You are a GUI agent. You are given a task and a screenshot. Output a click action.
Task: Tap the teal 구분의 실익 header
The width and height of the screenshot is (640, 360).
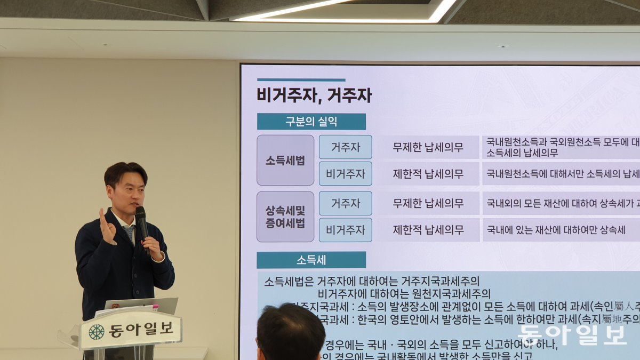pos(311,122)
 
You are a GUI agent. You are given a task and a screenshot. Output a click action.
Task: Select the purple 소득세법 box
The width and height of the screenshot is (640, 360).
pos(285,160)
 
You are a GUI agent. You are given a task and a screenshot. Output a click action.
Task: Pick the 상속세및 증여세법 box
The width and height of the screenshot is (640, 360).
pos(285,217)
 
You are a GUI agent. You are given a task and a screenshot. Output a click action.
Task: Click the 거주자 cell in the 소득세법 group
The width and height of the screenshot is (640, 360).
pos(345,147)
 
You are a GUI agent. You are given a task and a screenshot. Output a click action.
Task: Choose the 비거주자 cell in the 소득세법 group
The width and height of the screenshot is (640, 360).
pos(345,174)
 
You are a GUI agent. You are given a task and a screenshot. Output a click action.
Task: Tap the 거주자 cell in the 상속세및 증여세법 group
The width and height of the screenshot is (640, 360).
pos(345,203)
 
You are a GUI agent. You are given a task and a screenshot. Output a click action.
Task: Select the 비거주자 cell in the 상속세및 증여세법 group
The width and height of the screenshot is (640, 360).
pos(345,230)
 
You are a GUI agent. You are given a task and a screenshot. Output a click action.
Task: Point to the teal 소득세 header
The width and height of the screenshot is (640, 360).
pos(311,260)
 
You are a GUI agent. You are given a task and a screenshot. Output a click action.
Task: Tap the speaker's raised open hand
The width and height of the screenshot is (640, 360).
pos(106,227)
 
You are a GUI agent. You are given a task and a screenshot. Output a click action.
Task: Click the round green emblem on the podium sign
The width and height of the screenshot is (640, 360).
pos(97,332)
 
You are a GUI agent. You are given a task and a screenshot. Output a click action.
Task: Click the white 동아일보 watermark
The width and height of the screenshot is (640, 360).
pos(571,335)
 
